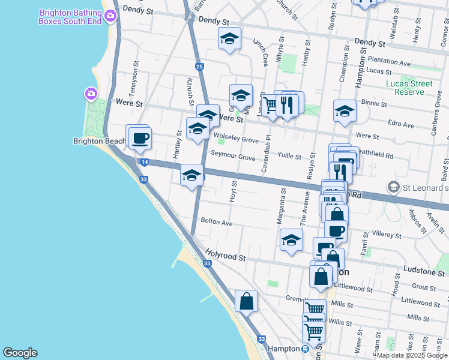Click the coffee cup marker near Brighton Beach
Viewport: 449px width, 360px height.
tap(140, 139)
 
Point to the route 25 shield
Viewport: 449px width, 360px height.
tap(199, 66)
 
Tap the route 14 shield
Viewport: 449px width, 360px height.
tap(144, 162)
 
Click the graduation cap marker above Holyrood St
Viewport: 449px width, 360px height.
tap(291, 241)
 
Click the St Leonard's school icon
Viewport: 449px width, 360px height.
tap(393, 188)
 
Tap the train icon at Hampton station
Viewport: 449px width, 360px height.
tap(306, 348)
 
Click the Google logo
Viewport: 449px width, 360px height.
tap(20, 353)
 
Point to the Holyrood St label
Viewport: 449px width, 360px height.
tap(226, 256)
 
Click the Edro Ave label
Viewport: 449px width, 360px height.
tap(402, 125)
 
